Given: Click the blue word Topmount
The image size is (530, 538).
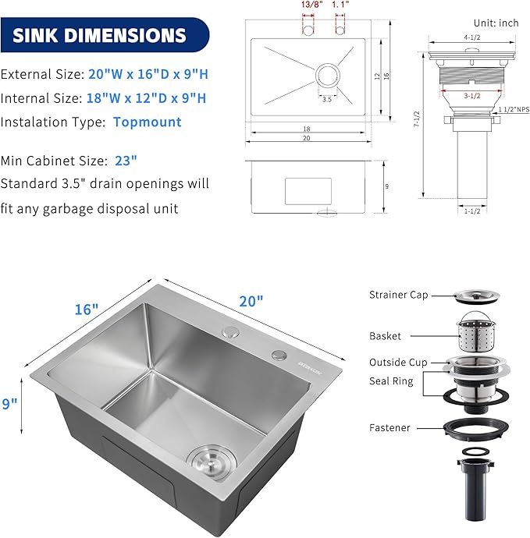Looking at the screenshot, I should [147, 122].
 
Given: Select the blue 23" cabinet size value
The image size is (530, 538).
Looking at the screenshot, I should [125, 161].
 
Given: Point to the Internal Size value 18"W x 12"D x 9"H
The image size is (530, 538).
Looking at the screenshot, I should [149, 98].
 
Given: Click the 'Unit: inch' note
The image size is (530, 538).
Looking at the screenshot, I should [496, 23].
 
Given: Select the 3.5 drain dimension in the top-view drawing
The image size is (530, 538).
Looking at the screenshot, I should [325, 99].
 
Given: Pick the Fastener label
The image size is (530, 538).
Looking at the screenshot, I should [390, 427].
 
